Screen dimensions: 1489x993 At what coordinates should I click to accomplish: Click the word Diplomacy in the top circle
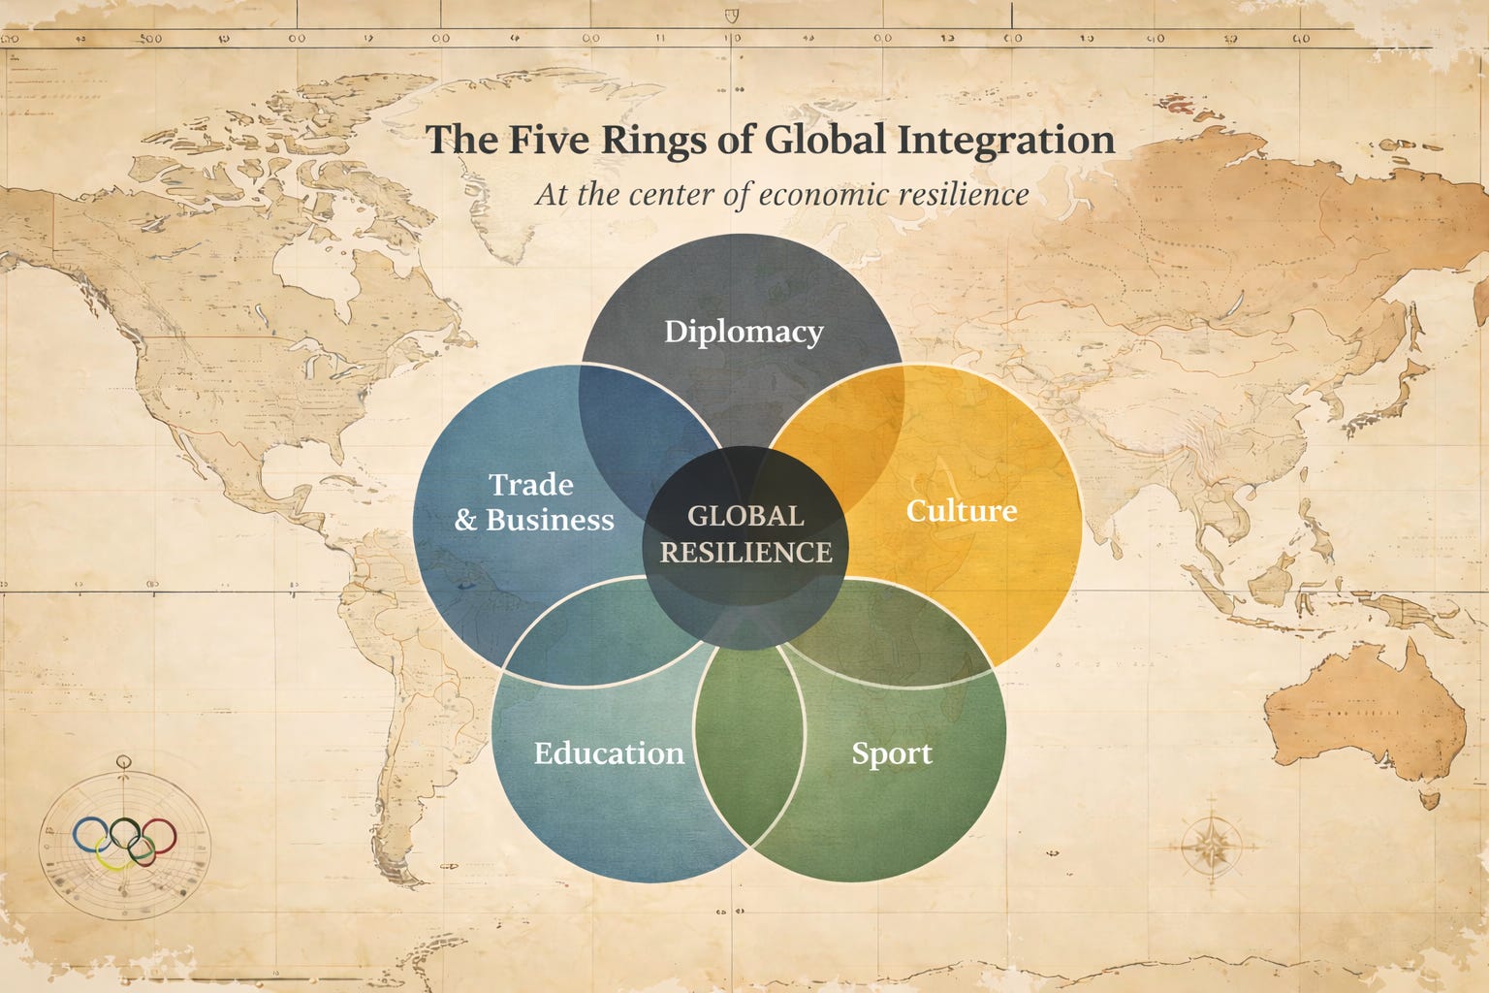point(744,332)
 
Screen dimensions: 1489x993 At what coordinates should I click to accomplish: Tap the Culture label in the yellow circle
point(961,510)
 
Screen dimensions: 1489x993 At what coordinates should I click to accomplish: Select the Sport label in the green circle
point(892,753)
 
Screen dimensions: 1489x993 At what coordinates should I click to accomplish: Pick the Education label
point(609,753)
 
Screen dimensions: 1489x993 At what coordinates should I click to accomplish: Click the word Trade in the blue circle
point(530,484)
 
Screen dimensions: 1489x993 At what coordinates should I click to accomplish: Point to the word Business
point(550,520)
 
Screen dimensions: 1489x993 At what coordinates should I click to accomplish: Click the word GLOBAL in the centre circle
point(745,516)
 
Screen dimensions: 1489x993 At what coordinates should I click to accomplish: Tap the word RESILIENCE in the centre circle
point(745,552)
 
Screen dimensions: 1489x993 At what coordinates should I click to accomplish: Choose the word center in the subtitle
point(673,194)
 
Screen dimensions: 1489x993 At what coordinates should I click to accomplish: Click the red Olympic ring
point(159,835)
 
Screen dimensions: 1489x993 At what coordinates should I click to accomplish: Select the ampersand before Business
point(465,521)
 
